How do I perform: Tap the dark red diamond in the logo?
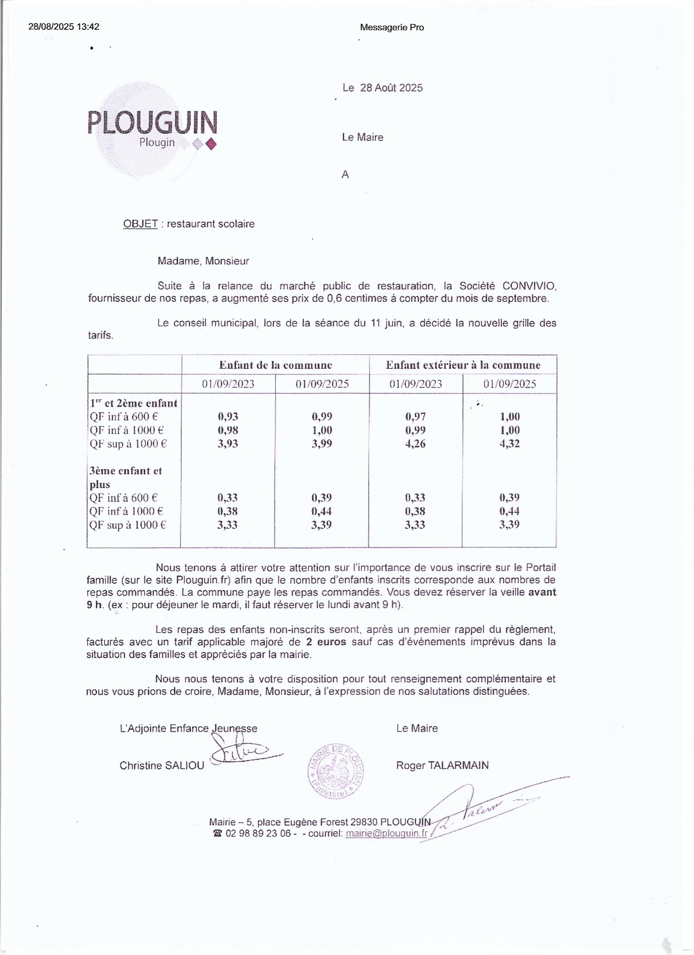pos(212,145)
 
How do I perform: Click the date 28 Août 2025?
pos(391,87)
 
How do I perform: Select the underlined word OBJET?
pos(140,223)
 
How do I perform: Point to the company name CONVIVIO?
pos(529,286)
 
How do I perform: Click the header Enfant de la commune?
pos(275,365)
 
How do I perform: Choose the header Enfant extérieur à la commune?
pos(463,365)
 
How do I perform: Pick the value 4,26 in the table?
pos(416,444)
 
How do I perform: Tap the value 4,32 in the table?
pos(509,444)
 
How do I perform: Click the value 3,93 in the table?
pos(228,444)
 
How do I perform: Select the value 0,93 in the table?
pos(228,417)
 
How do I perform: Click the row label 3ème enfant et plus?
pos(125,477)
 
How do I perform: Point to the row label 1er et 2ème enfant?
pos(133,403)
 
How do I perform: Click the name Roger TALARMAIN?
pos(443,765)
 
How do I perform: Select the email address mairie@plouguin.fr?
pos(386,833)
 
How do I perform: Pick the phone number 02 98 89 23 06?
pos(258,833)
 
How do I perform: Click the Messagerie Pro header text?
pos(392,27)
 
